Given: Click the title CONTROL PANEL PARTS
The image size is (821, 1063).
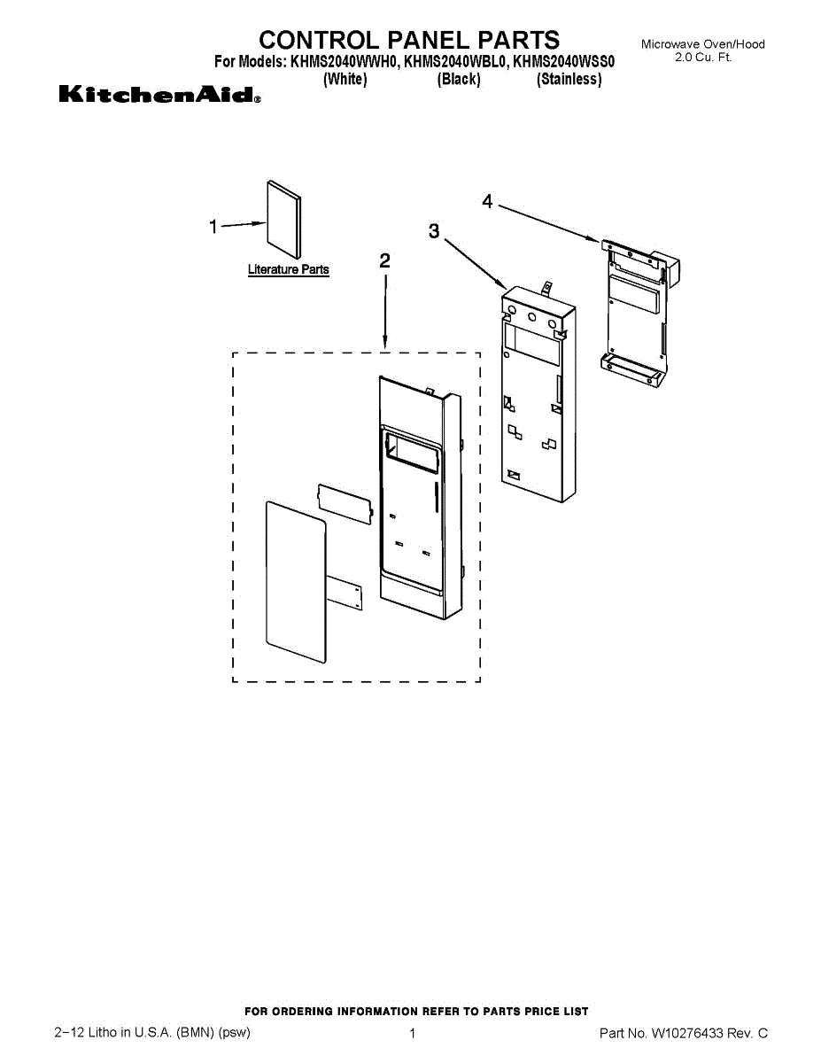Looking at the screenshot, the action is pyautogui.click(x=409, y=40).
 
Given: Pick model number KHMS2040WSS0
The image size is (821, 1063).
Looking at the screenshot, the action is pyautogui.click(x=564, y=62).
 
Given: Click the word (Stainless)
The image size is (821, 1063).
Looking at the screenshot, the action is pyautogui.click(x=569, y=79).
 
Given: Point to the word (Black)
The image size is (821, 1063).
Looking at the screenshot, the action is pyautogui.click(x=459, y=79).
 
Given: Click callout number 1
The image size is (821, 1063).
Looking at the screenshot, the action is pyautogui.click(x=213, y=227).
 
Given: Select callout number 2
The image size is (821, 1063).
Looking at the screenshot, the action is pyautogui.click(x=384, y=260).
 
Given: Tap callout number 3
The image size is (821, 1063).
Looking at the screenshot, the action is pyautogui.click(x=433, y=231).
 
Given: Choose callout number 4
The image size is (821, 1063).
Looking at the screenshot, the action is pyautogui.click(x=487, y=201).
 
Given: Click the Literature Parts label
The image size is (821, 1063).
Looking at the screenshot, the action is pyautogui.click(x=288, y=269).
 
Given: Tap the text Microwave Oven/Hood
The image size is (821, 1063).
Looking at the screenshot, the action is pyautogui.click(x=702, y=44).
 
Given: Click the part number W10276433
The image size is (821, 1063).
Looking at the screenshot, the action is pyautogui.click(x=687, y=1033).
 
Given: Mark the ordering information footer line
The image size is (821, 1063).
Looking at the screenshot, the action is pyautogui.click(x=415, y=1011).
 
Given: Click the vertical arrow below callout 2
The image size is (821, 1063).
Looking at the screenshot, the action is pyautogui.click(x=384, y=310).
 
